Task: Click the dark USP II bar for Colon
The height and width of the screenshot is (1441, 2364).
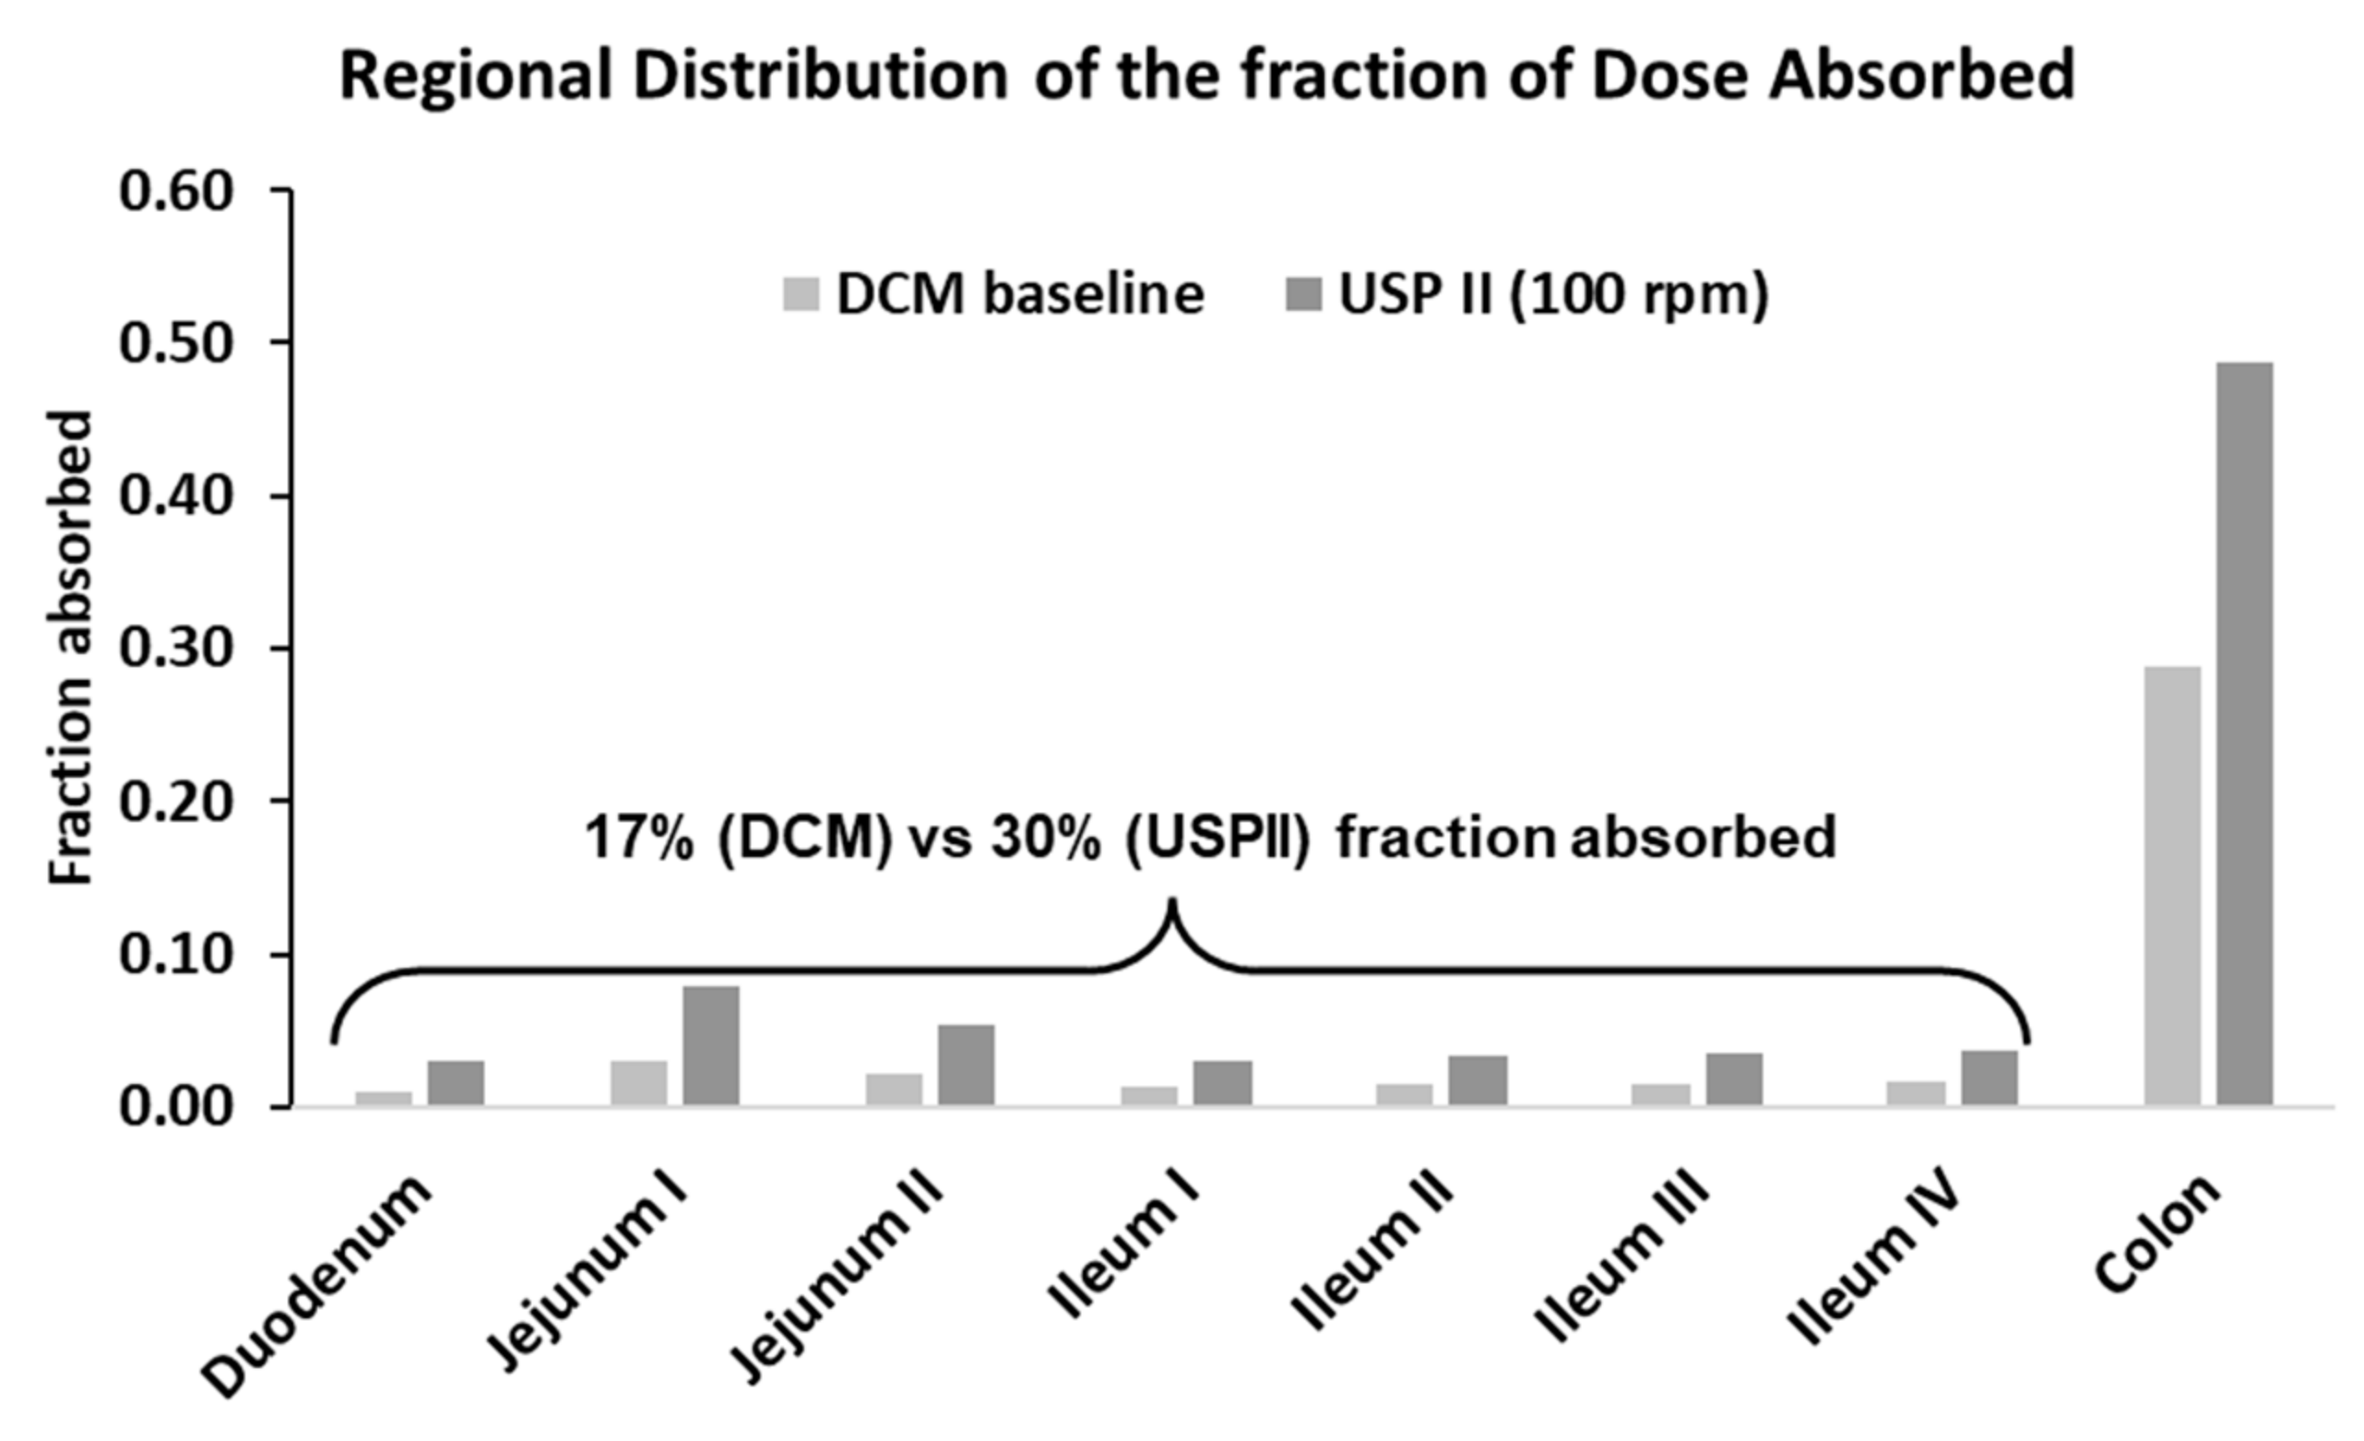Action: [2244, 734]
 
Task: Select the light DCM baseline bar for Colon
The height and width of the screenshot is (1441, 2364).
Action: [2172, 886]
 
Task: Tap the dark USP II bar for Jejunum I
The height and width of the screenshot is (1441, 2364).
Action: [711, 1046]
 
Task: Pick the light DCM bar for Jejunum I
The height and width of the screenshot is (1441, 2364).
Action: [638, 1083]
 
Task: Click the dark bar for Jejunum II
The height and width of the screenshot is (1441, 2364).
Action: [966, 1065]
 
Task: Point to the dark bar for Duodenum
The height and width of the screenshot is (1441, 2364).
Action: [456, 1083]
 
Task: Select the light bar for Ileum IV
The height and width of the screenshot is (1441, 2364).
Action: [1916, 1094]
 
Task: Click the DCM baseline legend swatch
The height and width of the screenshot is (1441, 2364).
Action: [802, 293]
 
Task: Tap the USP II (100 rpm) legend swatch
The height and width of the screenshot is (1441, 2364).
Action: [1303, 293]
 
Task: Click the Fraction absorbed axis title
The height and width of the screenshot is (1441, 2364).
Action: [72, 649]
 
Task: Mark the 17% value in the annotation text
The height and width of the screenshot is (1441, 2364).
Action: [638, 838]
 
